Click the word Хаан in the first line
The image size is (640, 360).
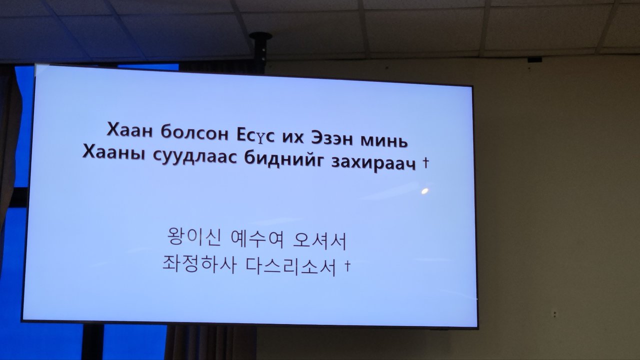(129, 130)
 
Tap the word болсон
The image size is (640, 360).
(194, 132)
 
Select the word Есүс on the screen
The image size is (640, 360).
(255, 135)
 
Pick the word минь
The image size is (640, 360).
(384, 140)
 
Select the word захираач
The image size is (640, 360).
(373, 163)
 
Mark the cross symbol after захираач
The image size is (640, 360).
(425, 162)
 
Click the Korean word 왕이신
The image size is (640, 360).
(194, 237)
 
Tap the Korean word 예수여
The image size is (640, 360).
(256, 239)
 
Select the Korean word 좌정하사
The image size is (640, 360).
(199, 264)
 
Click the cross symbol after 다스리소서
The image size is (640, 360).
(347, 265)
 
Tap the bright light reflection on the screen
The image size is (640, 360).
(425, 191)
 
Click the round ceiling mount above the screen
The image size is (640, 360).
(260, 36)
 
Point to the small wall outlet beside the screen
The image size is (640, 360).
(554, 314)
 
